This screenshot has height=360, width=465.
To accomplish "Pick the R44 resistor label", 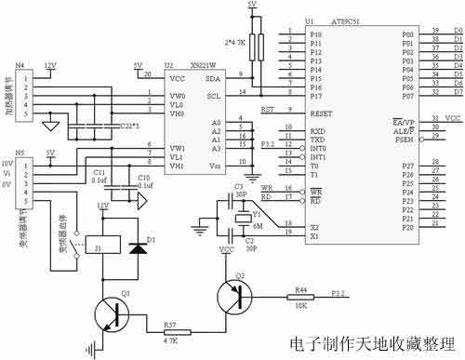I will click(x=301, y=290).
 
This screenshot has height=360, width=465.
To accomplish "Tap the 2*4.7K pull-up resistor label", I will click(x=236, y=42).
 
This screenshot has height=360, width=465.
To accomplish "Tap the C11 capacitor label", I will click(x=100, y=173).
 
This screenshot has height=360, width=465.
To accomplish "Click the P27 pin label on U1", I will click(x=408, y=165).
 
